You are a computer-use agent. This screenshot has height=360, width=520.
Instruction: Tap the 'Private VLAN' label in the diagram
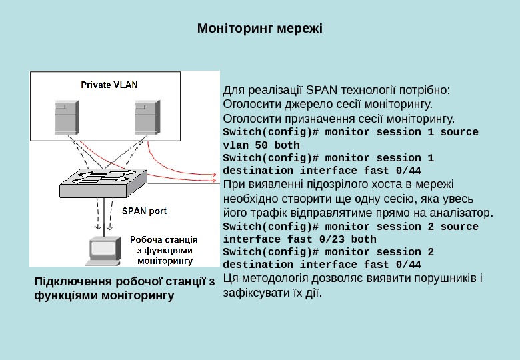(109, 85)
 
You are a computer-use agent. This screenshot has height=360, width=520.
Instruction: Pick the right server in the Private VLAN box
(147, 117)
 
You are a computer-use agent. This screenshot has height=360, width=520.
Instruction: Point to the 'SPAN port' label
(144, 211)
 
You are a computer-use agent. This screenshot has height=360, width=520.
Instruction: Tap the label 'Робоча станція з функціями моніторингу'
(163, 249)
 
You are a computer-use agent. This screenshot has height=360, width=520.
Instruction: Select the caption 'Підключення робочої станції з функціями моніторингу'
(124, 288)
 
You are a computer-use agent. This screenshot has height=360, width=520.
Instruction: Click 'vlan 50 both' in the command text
(261, 145)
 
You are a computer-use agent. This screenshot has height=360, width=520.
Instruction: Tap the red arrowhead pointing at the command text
(215, 179)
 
